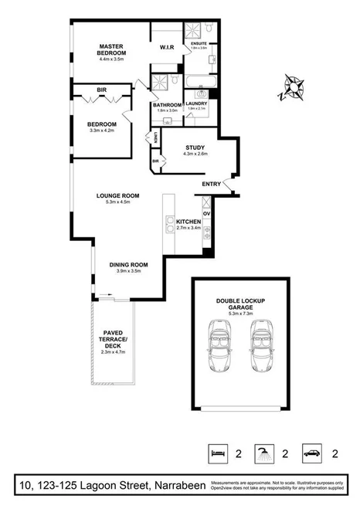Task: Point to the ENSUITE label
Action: pyautogui.click(x=199, y=44)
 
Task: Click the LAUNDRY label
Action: pyautogui.click(x=197, y=103)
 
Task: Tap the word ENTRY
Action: pyautogui.click(x=211, y=184)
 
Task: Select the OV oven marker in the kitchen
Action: pyautogui.click(x=205, y=212)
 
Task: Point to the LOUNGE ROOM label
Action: pyautogui.click(x=117, y=196)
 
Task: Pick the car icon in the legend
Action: pyautogui.click(x=311, y=452)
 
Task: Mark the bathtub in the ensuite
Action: pyautogui.click(x=199, y=80)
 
